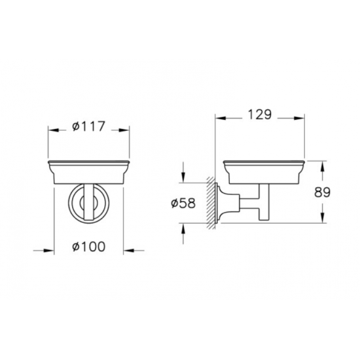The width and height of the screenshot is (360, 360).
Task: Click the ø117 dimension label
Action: point(88,126)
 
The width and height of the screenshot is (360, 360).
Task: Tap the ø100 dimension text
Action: point(89,246)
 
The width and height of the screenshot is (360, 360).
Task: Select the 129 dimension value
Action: point(260,114)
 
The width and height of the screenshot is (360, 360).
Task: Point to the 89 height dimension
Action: point(322,192)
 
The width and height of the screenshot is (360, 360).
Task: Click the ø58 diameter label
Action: point(183,203)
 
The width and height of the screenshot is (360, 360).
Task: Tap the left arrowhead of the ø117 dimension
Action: point(52,130)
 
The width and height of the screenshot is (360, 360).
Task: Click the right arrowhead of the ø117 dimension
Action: point(125,130)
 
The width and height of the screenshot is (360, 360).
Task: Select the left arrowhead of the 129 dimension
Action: point(219,118)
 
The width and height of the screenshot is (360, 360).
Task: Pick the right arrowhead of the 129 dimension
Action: point(300,118)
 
